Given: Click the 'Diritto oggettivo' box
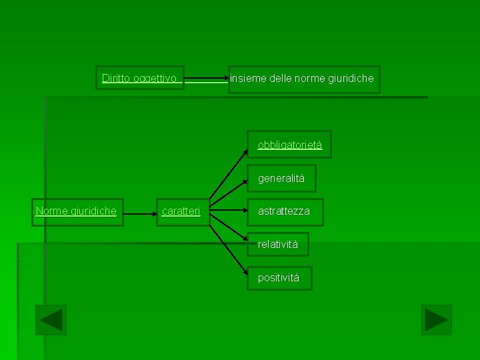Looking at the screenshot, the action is pyautogui.click(x=139, y=79).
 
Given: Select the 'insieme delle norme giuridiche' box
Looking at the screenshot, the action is pyautogui.click(x=304, y=79).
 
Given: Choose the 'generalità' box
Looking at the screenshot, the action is pyautogui.click(x=281, y=178).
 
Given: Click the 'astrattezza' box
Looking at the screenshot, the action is pyautogui.click(x=285, y=211).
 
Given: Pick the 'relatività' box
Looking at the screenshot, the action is pyautogui.click(x=278, y=245).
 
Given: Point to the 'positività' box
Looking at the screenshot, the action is pyautogui.click(x=279, y=278).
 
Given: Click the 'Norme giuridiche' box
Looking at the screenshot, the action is pyautogui.click(x=77, y=212).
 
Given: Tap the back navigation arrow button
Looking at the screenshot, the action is pyautogui.click(x=51, y=320).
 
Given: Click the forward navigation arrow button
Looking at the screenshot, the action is pyautogui.click(x=437, y=320).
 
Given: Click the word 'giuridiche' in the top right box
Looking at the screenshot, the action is pyautogui.click(x=351, y=79).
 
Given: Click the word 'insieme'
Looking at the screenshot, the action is pyautogui.click(x=248, y=79).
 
